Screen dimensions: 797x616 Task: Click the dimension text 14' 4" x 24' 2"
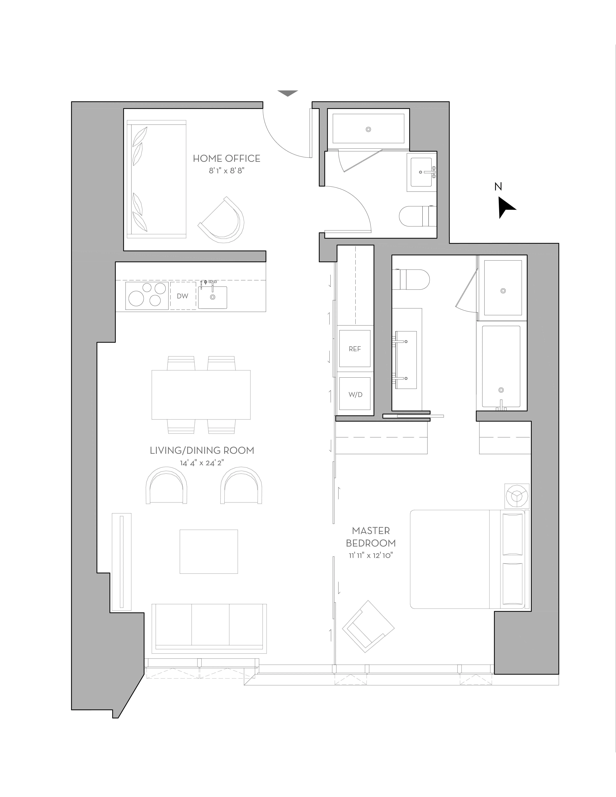[202, 463]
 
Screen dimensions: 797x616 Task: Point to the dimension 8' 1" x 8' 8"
[226, 170]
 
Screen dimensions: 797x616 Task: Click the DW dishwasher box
[183, 296]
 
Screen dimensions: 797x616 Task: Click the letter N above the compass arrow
[498, 187]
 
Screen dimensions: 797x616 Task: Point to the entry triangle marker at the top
[288, 93]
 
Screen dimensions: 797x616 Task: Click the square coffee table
[208, 551]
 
